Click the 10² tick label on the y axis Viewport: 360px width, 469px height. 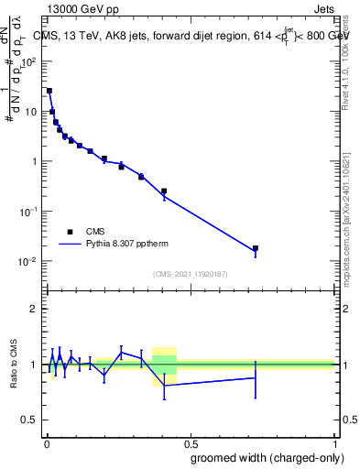click(x=29, y=62)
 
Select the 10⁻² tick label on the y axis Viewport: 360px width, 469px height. click(x=29, y=261)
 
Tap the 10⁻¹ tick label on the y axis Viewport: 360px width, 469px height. click(x=29, y=212)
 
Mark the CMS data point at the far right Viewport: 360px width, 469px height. click(x=256, y=248)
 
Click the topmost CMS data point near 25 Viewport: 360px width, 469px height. click(x=49, y=91)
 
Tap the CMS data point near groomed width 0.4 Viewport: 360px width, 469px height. click(x=164, y=191)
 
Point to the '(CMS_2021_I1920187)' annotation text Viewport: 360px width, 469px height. click(x=190, y=273)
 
